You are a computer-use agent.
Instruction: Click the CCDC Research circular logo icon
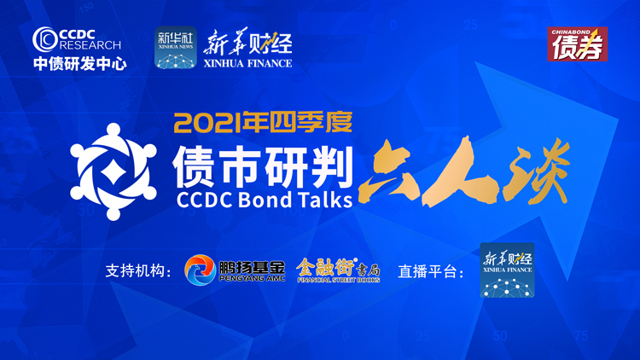point(44,39)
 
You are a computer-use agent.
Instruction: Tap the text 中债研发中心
point(80,64)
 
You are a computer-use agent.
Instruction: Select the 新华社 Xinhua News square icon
point(176,48)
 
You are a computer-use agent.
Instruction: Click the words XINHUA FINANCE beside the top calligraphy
point(247,63)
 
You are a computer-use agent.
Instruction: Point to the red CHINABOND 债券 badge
point(577,44)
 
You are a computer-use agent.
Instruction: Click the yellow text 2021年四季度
point(263,122)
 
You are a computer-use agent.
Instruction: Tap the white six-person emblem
point(113,171)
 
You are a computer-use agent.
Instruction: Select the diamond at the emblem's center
point(113,171)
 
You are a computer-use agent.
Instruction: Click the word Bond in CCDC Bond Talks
point(265,200)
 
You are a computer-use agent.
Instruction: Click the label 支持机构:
point(138,271)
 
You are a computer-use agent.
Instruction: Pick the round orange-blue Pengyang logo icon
point(200,270)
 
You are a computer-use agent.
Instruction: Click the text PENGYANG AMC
point(252,279)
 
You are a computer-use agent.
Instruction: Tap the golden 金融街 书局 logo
point(339,270)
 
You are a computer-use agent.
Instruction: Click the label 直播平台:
point(431,271)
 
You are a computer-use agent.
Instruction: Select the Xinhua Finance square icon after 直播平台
point(507,270)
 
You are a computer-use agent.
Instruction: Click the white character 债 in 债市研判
point(193,166)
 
